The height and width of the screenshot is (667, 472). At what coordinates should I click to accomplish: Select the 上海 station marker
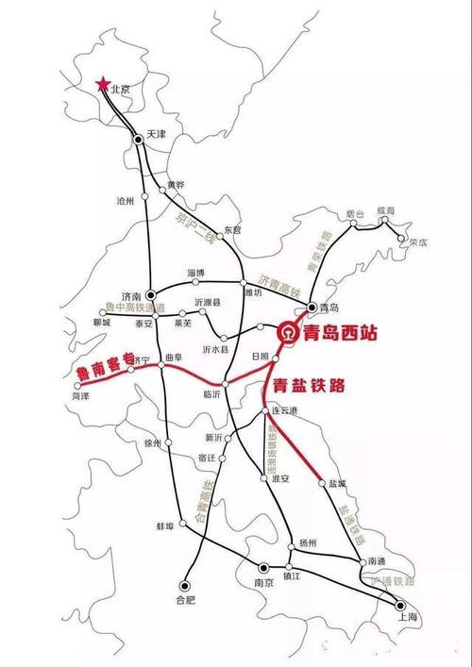coord(400,605)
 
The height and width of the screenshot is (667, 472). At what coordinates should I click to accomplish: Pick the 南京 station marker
coord(264,567)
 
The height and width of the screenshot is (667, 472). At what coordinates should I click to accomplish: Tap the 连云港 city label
coord(284,411)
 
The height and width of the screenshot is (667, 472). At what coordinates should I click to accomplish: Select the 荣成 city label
coord(416,242)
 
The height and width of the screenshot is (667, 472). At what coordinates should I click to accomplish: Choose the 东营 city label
coord(232,230)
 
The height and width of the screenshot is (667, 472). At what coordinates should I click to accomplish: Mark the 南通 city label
coord(377,561)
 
